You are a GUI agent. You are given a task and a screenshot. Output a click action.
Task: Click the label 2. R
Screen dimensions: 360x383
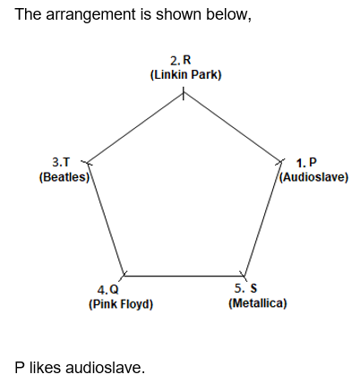[180, 60]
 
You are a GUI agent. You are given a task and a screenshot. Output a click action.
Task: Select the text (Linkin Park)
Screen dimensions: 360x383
[185, 74]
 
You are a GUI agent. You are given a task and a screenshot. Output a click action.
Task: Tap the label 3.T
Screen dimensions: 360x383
[61, 163]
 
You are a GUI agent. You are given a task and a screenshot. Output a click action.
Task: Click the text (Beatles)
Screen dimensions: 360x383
[64, 177]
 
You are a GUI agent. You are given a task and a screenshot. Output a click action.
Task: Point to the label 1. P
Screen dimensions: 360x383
[306, 163]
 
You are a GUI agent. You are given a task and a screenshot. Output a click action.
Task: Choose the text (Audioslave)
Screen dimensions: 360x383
[313, 177]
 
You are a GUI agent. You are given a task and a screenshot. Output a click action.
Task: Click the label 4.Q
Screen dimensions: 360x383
[107, 290]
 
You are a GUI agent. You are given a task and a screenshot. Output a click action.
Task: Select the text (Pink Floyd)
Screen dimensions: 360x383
[121, 304]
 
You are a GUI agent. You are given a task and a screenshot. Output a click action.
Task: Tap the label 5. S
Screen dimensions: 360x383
[245, 288]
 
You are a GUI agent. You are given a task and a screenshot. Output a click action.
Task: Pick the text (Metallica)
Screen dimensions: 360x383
[258, 303]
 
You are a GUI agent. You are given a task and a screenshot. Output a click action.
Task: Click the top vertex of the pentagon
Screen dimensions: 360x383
[184, 93]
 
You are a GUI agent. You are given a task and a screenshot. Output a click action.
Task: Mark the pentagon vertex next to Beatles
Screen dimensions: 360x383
[88, 163]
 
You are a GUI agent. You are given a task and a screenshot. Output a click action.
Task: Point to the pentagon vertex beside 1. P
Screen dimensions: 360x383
[280, 162]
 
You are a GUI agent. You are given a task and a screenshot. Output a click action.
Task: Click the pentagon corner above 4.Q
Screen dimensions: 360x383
[124, 276]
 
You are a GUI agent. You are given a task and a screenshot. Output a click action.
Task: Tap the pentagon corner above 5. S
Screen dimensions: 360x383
[244, 276]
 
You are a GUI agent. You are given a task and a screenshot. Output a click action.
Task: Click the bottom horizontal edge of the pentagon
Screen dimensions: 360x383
[184, 276]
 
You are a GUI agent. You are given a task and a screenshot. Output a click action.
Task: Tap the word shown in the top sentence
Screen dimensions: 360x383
[179, 14]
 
